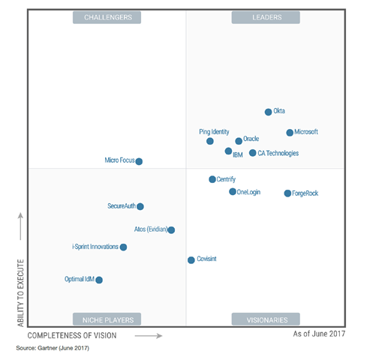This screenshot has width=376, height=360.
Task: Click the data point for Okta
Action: [268, 112]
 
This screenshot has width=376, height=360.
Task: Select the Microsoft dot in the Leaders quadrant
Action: [290, 133]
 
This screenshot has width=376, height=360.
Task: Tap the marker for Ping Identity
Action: [210, 141]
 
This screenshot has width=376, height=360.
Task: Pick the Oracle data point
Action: [239, 140]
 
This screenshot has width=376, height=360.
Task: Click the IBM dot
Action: [228, 151]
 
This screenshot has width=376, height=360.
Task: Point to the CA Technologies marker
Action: [252, 153]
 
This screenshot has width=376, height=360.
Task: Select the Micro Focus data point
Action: [139, 161]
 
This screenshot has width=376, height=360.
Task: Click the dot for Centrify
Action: [212, 179]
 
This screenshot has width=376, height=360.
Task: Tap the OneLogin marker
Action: [233, 192]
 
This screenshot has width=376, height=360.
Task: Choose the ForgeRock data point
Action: [287, 193]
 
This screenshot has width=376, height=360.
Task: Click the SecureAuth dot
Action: [140, 206]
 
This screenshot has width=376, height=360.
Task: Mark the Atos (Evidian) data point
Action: [171, 230]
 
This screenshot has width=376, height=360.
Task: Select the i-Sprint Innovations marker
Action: [123, 247]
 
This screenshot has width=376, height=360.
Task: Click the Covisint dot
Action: [191, 260]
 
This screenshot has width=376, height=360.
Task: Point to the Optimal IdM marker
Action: [99, 280]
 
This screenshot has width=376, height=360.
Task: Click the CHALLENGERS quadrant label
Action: [107, 17]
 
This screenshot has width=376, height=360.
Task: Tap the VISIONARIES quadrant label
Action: [266, 319]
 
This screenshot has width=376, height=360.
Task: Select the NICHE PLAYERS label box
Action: [107, 319]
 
